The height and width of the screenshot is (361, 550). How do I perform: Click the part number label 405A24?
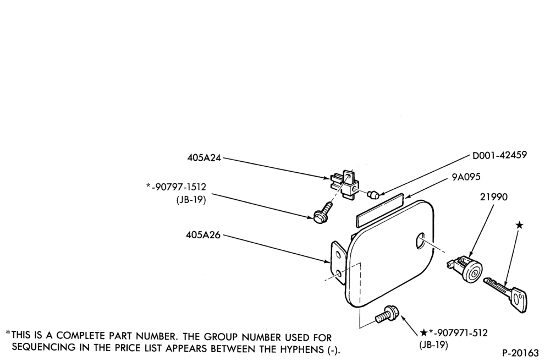point(204,158)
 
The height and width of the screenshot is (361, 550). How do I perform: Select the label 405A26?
point(203,235)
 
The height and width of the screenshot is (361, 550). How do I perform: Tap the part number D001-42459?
point(500,155)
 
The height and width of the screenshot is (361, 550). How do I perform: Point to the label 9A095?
point(466,177)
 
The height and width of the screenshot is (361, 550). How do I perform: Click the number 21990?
point(493,197)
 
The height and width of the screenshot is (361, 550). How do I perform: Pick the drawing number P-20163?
point(520,353)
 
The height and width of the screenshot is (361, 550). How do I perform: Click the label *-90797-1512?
point(176,187)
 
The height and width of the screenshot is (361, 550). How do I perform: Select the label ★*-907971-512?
point(454,332)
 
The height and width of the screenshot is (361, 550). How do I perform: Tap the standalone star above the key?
point(520,225)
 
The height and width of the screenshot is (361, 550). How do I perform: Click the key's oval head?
point(519,299)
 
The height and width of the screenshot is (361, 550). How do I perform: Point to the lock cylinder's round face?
point(474,271)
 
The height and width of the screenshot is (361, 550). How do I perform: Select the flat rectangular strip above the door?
point(380,210)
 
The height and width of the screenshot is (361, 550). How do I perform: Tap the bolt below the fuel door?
point(386,315)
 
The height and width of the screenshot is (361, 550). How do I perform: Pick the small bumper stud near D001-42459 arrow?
point(372,194)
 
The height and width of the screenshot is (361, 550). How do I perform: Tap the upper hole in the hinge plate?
point(338,254)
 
